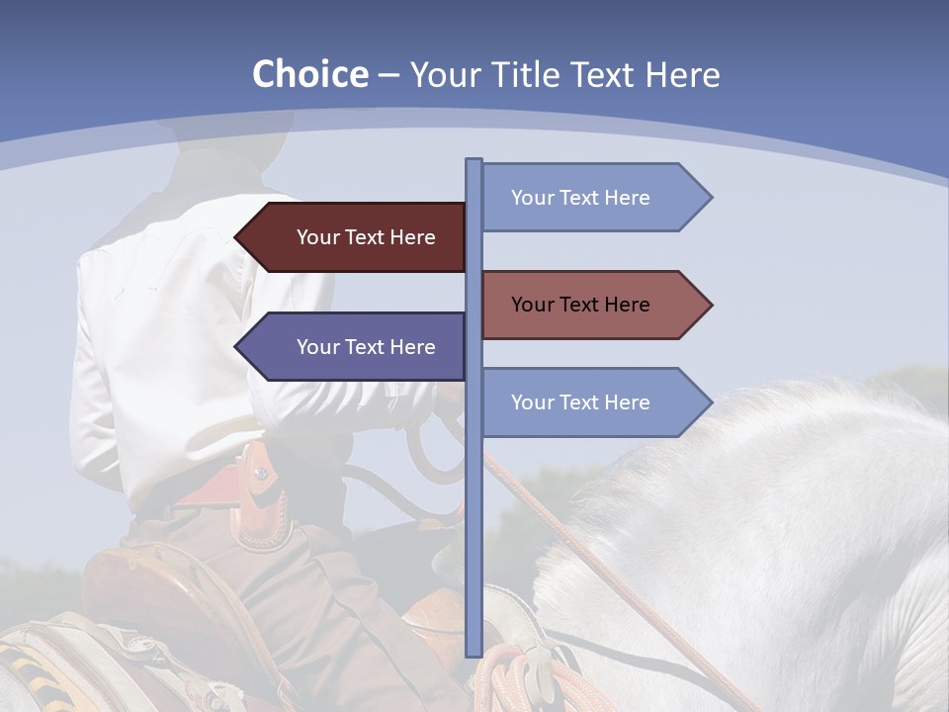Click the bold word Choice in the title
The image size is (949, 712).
tap(309, 74)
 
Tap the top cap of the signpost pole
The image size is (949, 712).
tap(474, 161)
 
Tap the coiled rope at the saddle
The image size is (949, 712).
tap(514, 677)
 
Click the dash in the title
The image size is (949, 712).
tap(388, 75)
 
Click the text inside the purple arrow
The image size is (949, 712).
tap(366, 347)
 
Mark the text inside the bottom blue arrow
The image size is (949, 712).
tap(580, 402)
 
